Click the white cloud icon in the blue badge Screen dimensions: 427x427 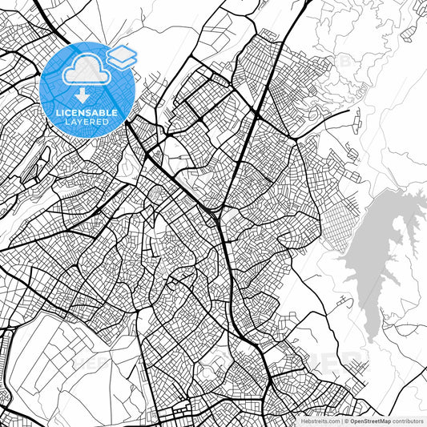tap(83, 71)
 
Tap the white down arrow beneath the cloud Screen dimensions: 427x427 tap(84, 94)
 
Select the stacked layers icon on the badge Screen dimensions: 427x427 tap(122, 56)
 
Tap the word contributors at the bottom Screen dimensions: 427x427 tap(409, 420)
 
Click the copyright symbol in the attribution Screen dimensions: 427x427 tap(346, 420)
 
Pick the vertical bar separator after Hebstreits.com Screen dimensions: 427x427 tap(341, 420)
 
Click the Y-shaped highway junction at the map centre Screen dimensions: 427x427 tap(220, 212)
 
